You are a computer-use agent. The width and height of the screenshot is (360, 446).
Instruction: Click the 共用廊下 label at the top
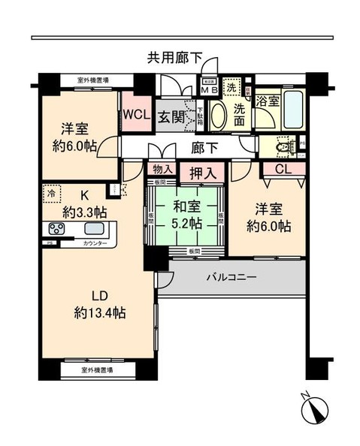click(175, 56)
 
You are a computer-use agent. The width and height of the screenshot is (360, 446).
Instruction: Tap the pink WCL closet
click(137, 114)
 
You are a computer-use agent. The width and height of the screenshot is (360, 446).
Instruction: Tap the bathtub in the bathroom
click(290, 107)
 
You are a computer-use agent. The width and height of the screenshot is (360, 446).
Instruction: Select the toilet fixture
click(286, 146)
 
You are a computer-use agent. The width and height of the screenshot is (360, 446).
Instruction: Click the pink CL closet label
click(283, 170)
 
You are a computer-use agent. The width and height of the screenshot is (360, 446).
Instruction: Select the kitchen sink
click(94, 229)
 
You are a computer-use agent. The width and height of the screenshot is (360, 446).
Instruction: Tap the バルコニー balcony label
click(231, 277)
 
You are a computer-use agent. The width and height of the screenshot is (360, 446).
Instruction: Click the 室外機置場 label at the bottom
click(96, 370)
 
